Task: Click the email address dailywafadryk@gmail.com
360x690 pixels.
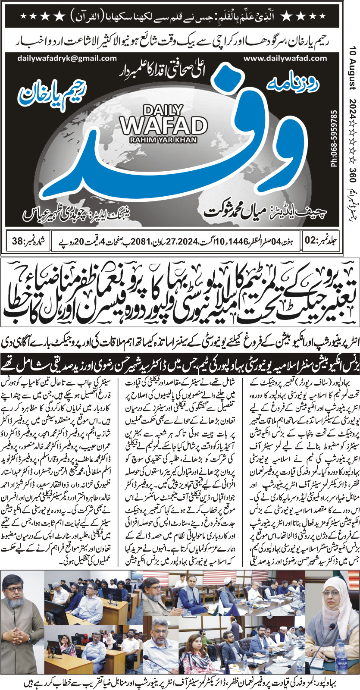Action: click(67, 58)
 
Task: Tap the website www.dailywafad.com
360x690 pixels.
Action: click(285, 58)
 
